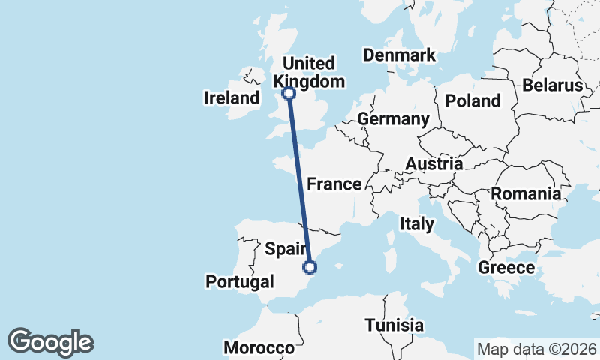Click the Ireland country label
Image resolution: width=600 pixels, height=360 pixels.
[x=232, y=97]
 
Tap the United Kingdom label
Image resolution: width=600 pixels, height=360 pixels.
[x=309, y=72]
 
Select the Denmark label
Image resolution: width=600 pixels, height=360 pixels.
[x=398, y=55]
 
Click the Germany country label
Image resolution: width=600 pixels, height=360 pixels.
[x=393, y=119]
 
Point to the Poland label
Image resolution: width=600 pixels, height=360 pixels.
[x=472, y=100]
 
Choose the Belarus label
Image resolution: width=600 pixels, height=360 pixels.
[x=553, y=85]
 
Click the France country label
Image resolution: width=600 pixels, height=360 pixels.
[x=334, y=184]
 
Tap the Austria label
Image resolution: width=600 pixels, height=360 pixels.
[x=433, y=163]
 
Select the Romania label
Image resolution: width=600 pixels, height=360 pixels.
[x=526, y=194]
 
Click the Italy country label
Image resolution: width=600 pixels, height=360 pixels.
[x=416, y=223]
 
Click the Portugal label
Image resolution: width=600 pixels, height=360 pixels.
[x=239, y=282]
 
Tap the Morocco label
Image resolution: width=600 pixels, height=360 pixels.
[x=259, y=348]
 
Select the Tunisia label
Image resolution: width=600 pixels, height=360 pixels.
[x=394, y=325]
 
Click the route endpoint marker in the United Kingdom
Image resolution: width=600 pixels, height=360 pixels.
[x=288, y=93]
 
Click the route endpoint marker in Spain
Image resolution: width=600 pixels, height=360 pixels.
[x=310, y=266]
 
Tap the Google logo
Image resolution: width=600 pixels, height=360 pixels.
[x=50, y=342]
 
